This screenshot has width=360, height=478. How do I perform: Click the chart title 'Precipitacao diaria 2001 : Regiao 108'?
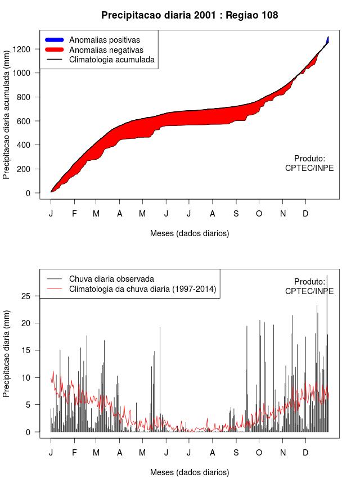[x=190, y=15]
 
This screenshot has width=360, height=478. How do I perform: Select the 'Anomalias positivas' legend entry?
[x=104, y=40]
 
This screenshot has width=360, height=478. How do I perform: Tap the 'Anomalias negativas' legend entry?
[x=106, y=49]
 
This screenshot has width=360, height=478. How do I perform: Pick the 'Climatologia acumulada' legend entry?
[x=111, y=59]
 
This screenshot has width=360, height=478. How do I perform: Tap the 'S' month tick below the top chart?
[x=236, y=214]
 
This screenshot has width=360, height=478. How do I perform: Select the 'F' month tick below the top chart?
[x=74, y=214]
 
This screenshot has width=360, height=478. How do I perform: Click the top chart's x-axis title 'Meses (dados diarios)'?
[x=190, y=233]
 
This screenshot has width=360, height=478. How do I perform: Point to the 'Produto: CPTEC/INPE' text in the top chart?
[x=309, y=163]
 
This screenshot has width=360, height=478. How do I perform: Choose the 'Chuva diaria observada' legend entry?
[x=111, y=278]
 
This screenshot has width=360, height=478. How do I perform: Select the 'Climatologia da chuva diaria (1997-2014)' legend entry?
[x=142, y=289]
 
